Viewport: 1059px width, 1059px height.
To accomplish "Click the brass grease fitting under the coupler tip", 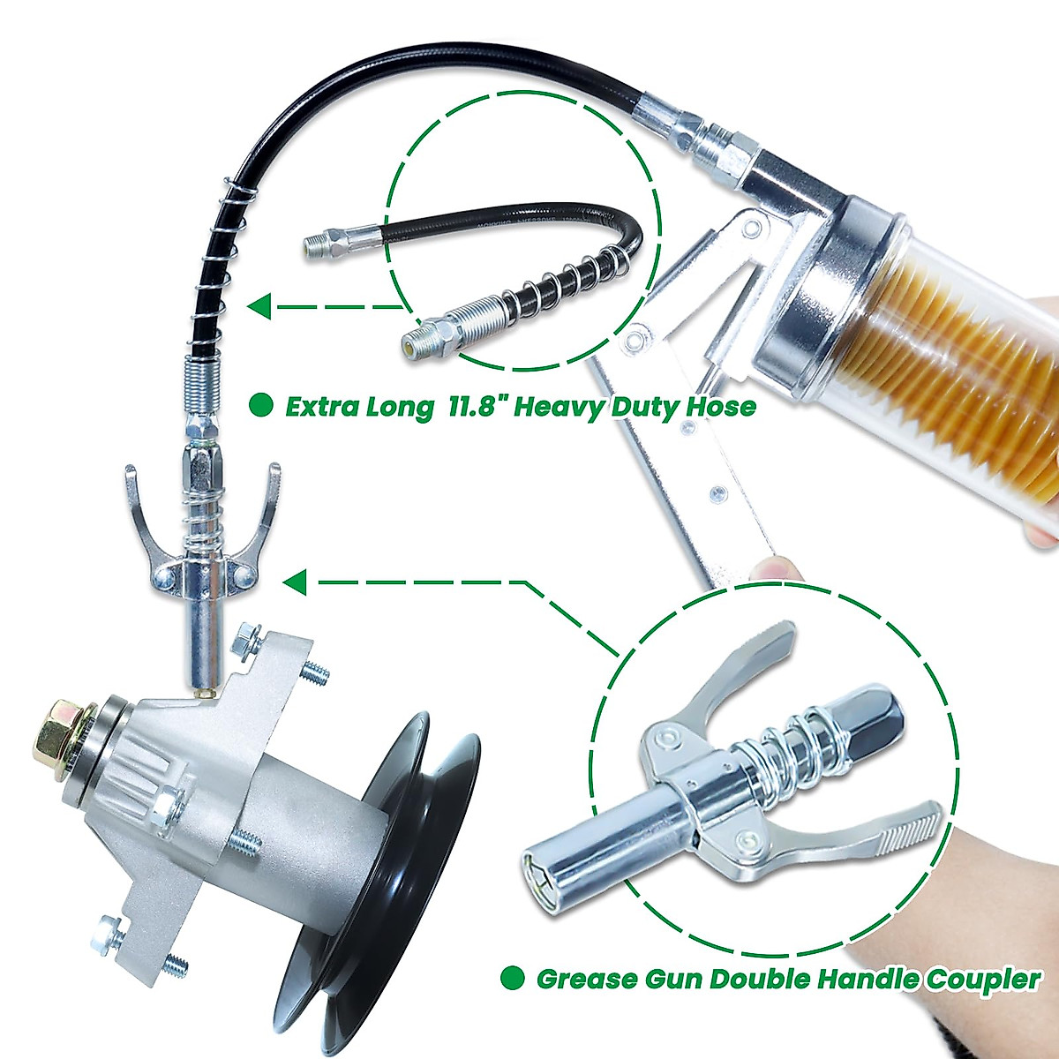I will click(204, 695).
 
